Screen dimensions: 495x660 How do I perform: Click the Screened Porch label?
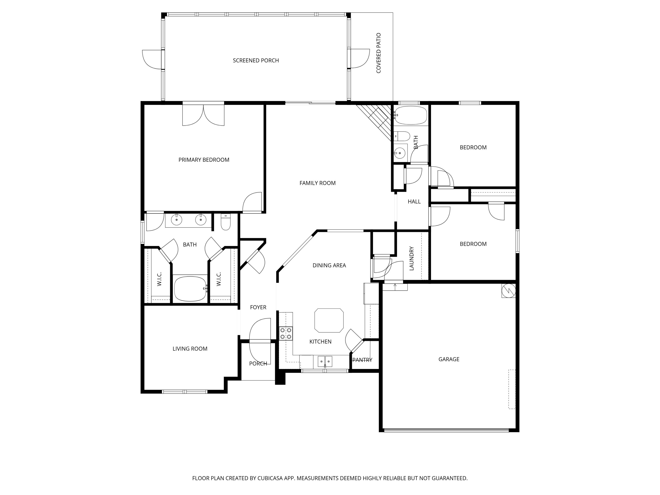point(256,60)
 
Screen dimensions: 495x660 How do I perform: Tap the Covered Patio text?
point(378,53)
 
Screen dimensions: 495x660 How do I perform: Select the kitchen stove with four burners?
point(286,333)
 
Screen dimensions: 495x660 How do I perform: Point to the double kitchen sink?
point(325,361)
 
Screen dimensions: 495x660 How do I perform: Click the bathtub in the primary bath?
point(190,288)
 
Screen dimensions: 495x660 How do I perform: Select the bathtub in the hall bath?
point(411,115)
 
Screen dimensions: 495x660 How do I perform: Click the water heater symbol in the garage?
point(508,290)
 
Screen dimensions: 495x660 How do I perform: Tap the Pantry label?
point(362,360)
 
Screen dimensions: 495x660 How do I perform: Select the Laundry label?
point(411,258)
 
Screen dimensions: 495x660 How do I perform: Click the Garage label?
point(449,359)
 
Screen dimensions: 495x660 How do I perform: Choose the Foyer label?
point(258,307)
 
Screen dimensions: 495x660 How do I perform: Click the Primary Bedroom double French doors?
point(203,115)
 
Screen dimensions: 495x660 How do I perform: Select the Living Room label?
point(190,349)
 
